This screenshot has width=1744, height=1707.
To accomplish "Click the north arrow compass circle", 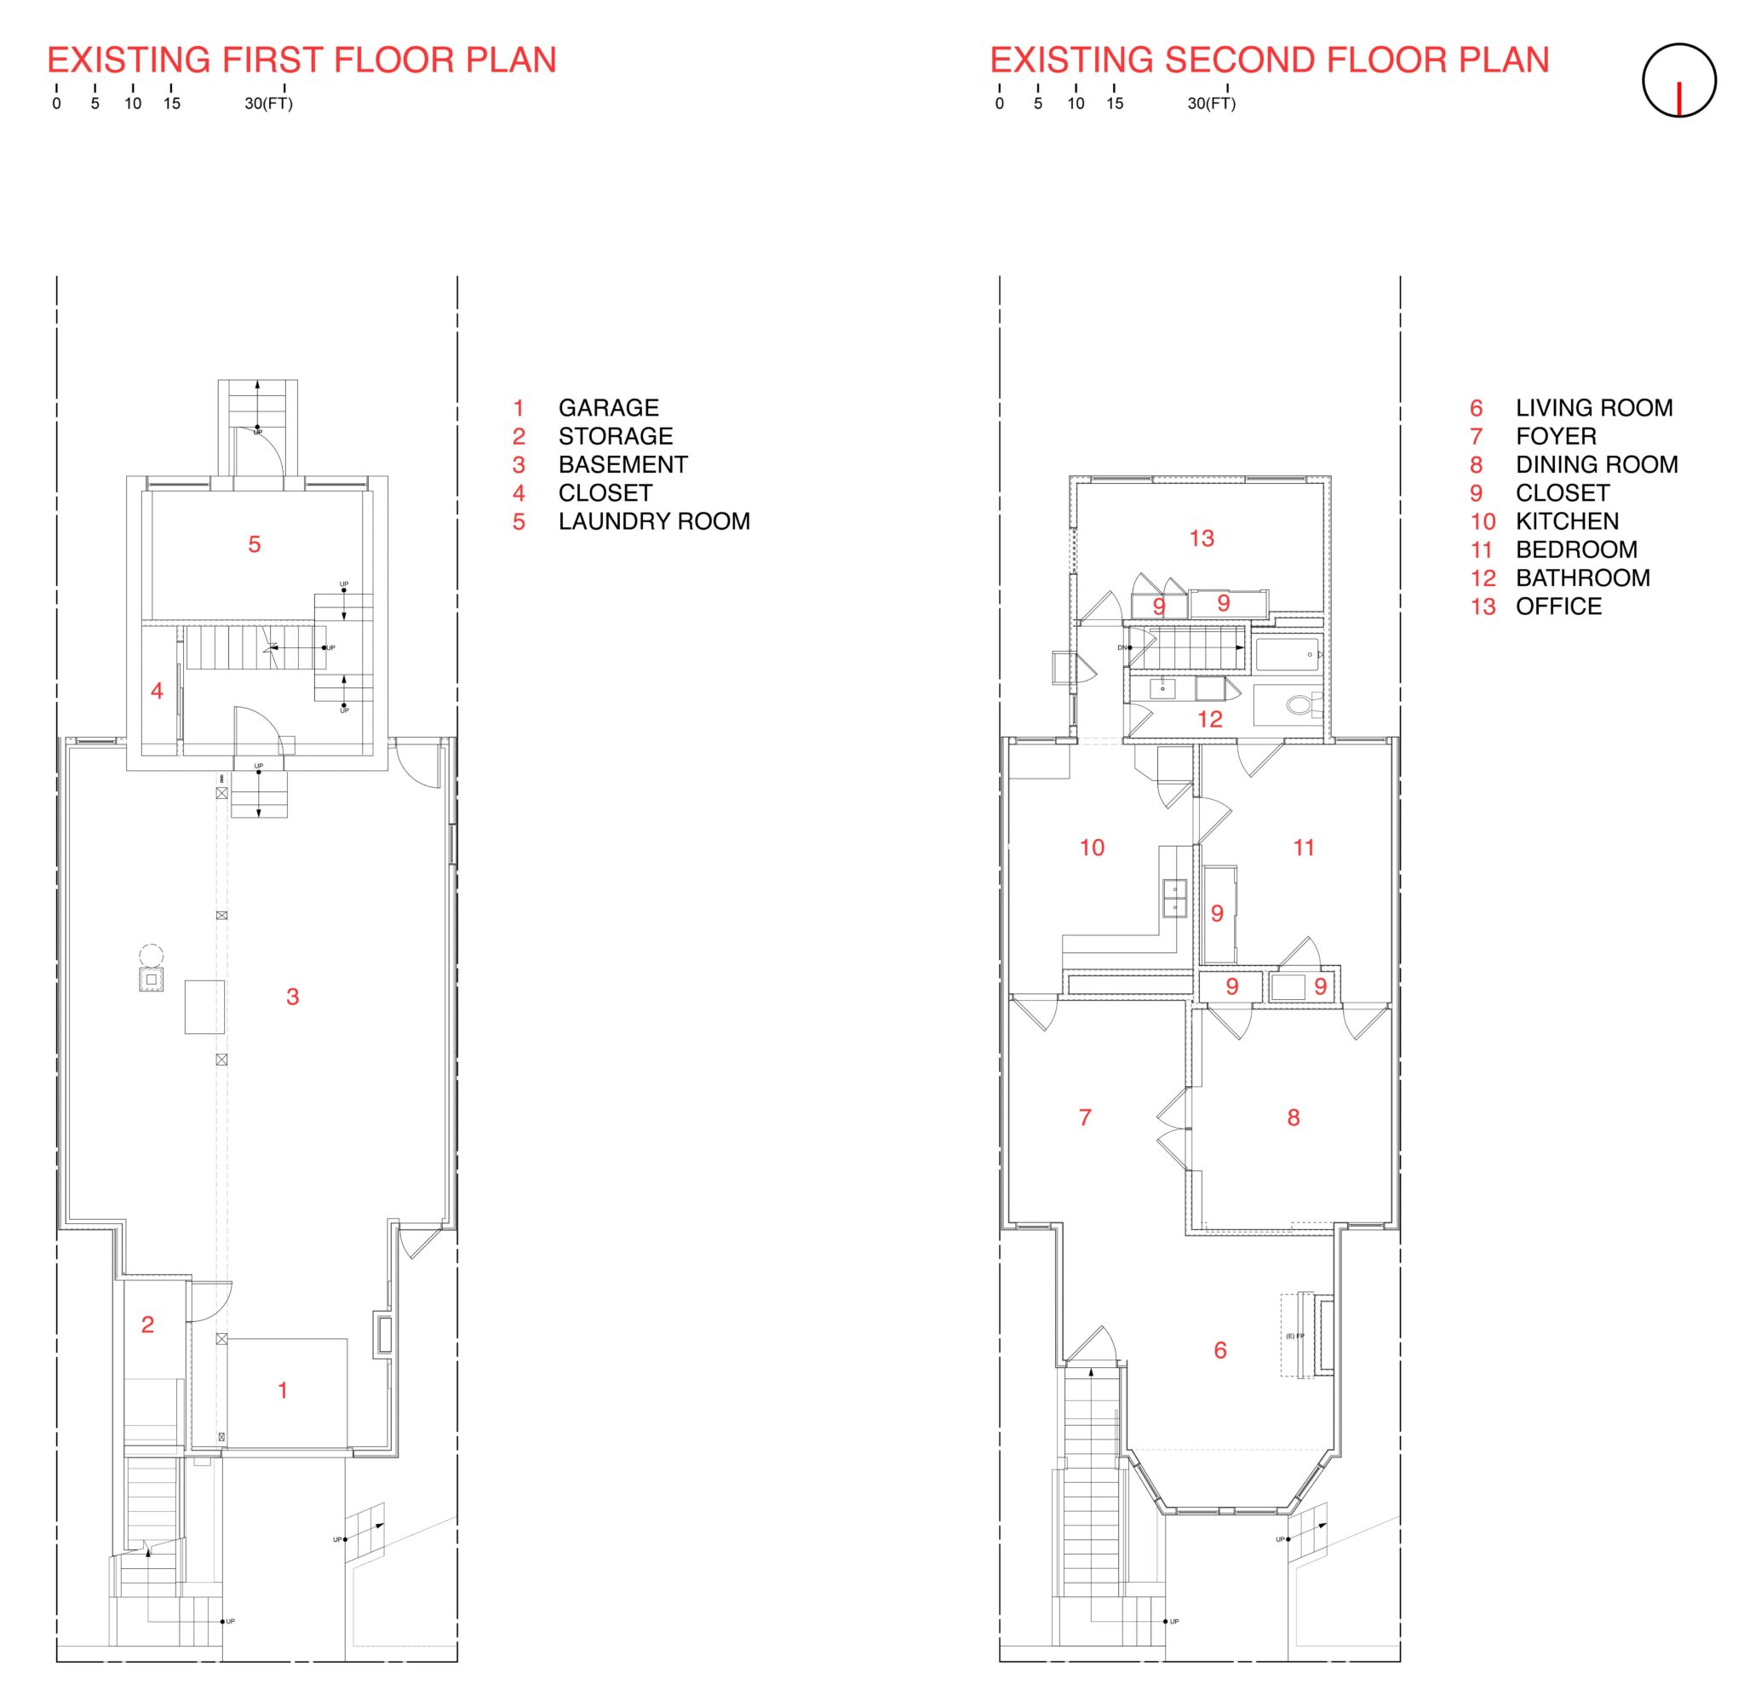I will [x=1678, y=80].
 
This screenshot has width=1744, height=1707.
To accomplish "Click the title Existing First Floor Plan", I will [x=301, y=60].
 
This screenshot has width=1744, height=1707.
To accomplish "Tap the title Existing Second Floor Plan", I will [x=1268, y=60].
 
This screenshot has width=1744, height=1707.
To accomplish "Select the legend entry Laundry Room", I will [x=653, y=521].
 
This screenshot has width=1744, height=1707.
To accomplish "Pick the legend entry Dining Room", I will [x=1595, y=464].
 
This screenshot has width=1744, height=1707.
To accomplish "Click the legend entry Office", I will [x=1558, y=606].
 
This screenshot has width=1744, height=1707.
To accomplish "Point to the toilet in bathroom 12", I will [x=1300, y=704].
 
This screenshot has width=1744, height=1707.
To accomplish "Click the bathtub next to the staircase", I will [x=1288, y=653].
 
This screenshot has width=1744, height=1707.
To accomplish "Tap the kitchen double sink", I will [x=1174, y=898].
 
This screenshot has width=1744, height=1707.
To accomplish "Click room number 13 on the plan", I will [x=1201, y=538].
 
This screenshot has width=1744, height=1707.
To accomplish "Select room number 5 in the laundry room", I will [x=255, y=543].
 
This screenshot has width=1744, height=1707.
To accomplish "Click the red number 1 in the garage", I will [x=284, y=1389].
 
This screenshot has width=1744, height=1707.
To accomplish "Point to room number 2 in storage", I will [x=148, y=1324].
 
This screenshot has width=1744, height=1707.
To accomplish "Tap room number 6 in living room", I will [x=1219, y=1349].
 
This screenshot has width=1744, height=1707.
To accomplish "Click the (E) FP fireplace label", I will [x=1294, y=1335].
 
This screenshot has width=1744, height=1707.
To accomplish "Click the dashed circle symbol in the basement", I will [x=152, y=955].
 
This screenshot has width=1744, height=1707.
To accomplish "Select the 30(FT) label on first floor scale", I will [x=268, y=103].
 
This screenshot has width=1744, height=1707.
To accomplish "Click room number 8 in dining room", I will [x=1293, y=1117].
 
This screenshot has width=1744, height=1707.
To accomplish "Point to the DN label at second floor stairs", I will [x=1122, y=647].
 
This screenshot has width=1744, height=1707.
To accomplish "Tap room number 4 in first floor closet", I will [x=157, y=690].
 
